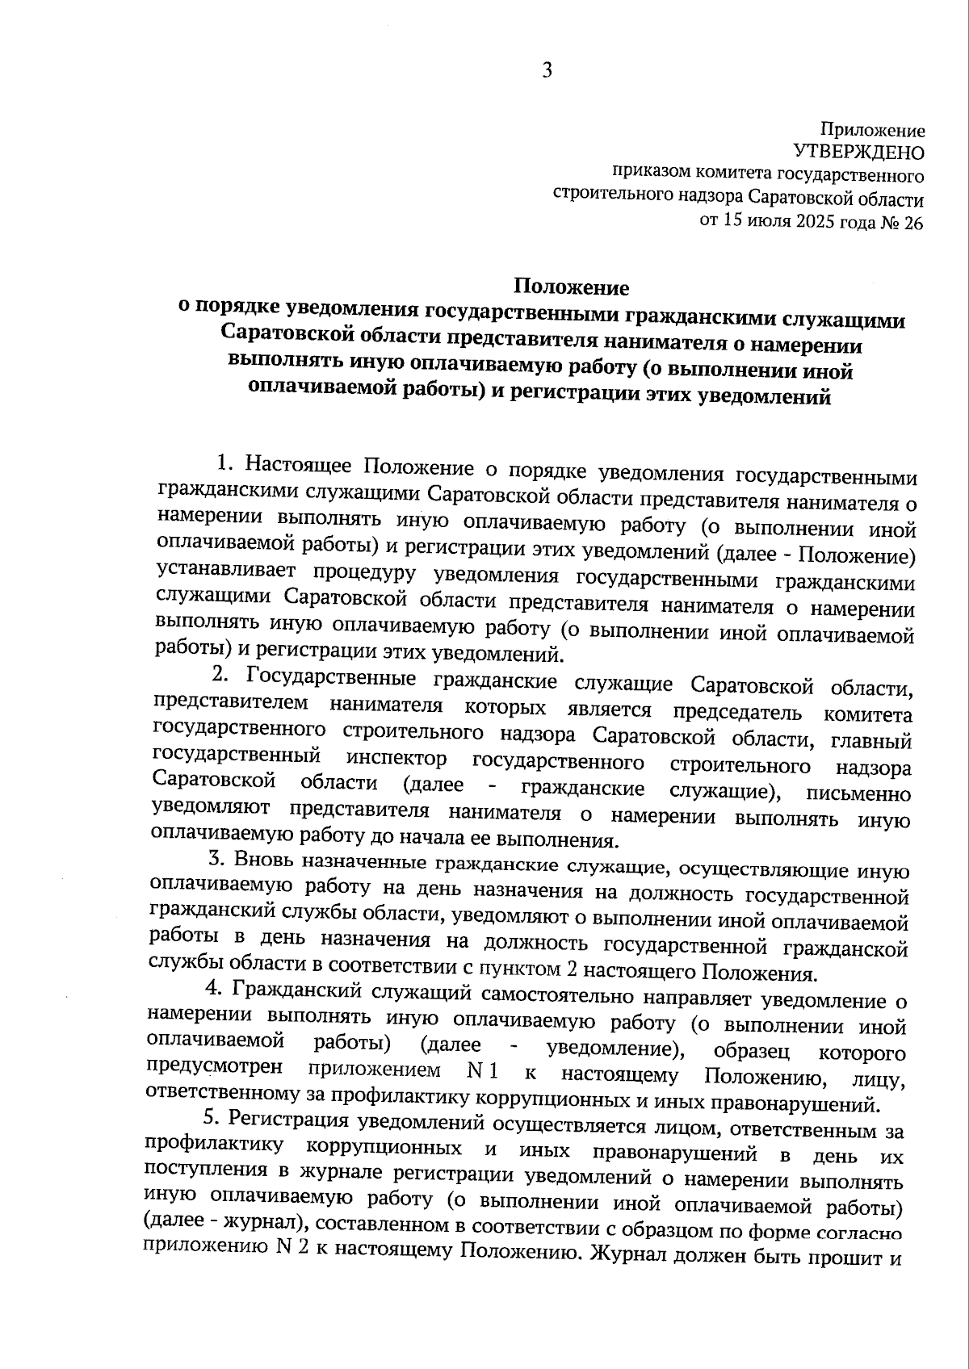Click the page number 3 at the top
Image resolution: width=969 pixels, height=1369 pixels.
pos(547,71)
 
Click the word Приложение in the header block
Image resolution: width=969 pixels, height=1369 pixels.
pos(872,130)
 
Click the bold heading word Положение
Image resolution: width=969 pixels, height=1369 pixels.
pos(572,287)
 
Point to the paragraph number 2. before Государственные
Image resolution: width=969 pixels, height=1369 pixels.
pos(219,674)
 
